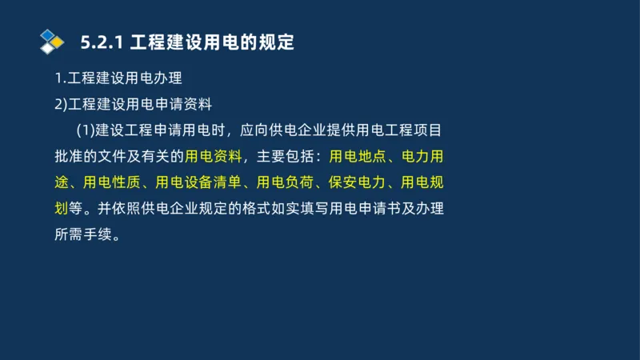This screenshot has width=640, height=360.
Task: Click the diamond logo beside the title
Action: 51,42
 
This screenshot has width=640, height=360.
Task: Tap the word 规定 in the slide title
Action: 277,42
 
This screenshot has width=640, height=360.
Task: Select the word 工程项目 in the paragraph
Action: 414,130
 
